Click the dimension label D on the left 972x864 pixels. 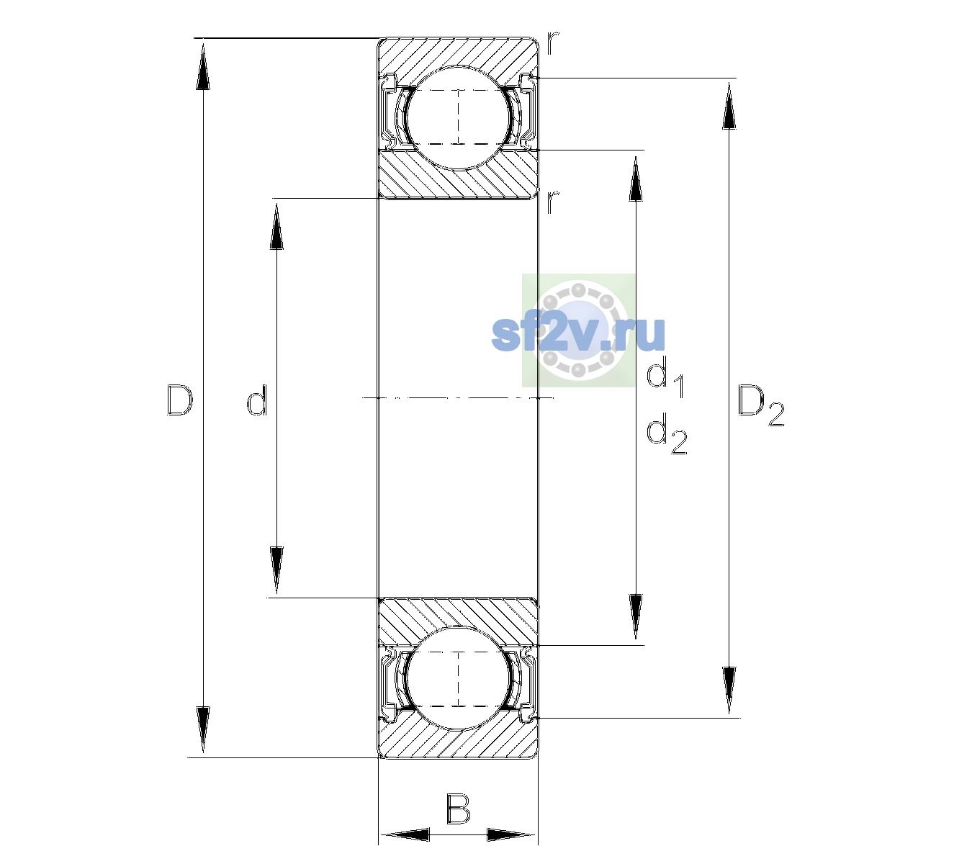point(180,400)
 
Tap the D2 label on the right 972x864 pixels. point(760,405)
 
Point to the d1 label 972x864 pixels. point(665,379)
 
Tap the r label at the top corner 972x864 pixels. point(553,42)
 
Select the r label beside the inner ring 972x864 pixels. point(553,202)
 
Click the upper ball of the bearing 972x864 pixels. point(458,117)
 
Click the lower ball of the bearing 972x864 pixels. point(458,678)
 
